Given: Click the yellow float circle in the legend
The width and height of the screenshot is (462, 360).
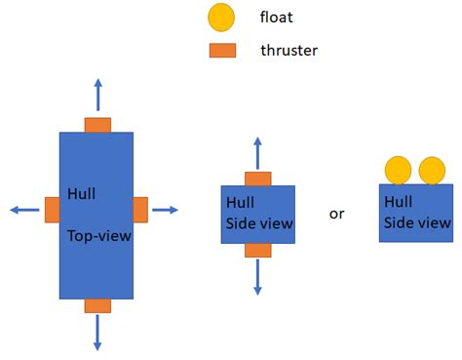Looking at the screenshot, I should tap(221, 17).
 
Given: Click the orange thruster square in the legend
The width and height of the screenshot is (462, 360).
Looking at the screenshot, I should tap(222, 50).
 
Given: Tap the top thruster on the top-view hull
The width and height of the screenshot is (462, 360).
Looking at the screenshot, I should tap(97, 125).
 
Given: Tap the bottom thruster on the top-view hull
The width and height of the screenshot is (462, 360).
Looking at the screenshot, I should tap(97, 305).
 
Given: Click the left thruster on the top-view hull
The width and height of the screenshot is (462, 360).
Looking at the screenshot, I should tap(53, 210).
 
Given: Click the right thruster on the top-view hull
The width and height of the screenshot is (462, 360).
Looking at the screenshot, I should tap(140, 210).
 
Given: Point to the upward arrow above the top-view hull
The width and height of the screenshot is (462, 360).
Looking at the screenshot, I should tap(97, 96).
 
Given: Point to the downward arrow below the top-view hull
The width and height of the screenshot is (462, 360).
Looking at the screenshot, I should tap(97, 331).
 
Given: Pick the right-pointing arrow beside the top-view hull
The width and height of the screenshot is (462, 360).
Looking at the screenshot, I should tap(165, 210).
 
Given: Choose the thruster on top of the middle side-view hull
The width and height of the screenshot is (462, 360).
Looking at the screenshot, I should tap(257, 179).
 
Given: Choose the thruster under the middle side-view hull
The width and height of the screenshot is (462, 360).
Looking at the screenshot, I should tap(257, 250).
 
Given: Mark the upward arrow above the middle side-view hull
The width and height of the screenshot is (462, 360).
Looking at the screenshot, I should tap(257, 154).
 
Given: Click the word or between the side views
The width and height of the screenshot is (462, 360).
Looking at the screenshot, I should tap(336, 214).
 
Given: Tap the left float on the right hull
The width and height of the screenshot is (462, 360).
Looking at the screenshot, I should tap(398, 171).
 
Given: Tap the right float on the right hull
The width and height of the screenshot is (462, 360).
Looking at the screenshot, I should tap(432, 171).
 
